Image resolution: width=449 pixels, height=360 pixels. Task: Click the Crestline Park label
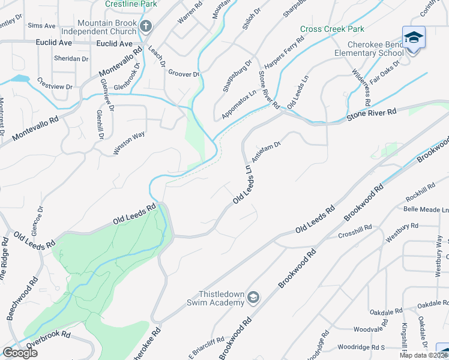point(130,4)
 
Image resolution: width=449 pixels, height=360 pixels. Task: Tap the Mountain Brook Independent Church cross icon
point(146,26)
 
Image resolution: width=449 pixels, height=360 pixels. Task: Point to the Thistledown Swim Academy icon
point(254,297)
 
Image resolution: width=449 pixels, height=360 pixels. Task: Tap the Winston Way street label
point(130,143)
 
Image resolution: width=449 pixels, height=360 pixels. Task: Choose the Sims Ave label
point(41,26)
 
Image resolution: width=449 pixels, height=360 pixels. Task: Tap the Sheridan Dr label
point(71,59)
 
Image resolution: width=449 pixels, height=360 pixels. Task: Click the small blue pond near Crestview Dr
point(19,79)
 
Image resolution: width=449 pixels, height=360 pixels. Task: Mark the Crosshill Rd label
point(355,231)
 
